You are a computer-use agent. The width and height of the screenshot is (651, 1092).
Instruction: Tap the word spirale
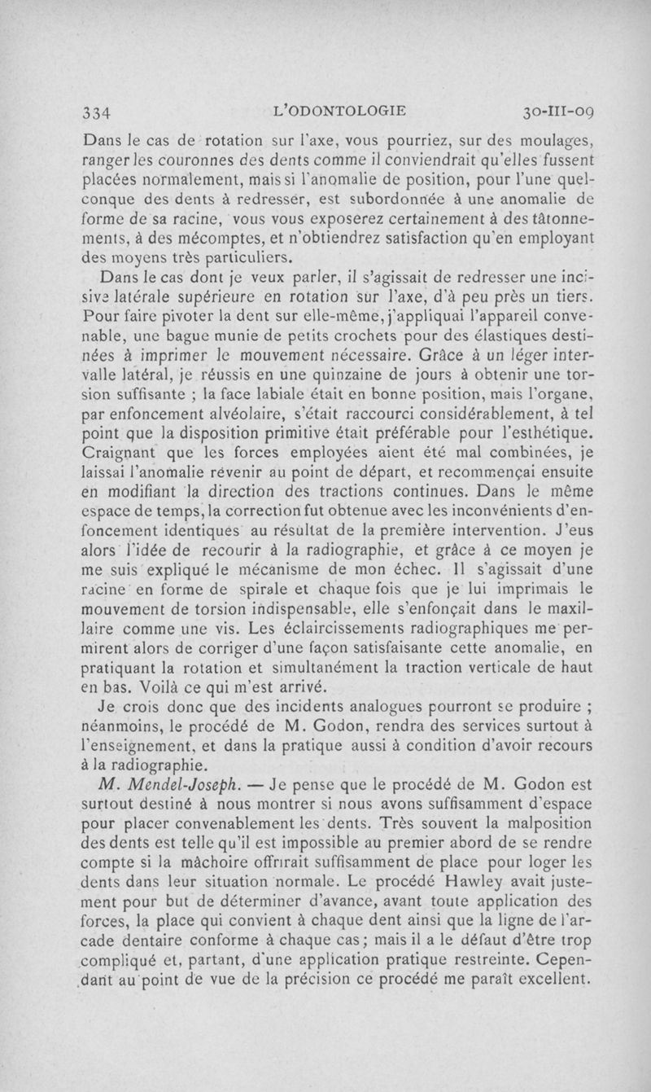tap(299, 593)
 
